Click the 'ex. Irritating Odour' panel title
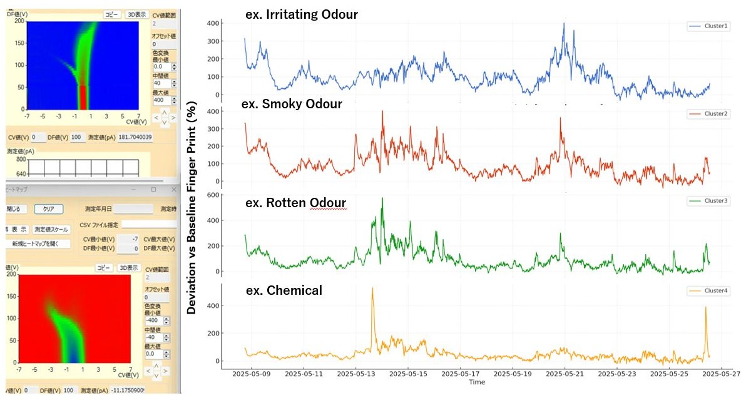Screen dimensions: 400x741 (x=302, y=14)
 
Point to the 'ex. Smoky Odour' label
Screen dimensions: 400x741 (x=294, y=104)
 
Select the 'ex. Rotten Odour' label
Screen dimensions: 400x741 (x=296, y=203)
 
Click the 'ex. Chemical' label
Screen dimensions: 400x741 (x=284, y=290)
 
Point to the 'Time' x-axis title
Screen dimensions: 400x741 (x=477, y=382)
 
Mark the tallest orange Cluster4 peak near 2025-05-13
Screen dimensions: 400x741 (x=372, y=289)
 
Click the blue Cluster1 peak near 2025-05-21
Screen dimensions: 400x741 (x=564, y=24)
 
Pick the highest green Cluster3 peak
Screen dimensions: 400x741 (x=382, y=198)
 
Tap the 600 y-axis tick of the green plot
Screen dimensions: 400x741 (x=232, y=195)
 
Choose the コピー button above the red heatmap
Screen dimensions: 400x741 (x=104, y=267)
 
